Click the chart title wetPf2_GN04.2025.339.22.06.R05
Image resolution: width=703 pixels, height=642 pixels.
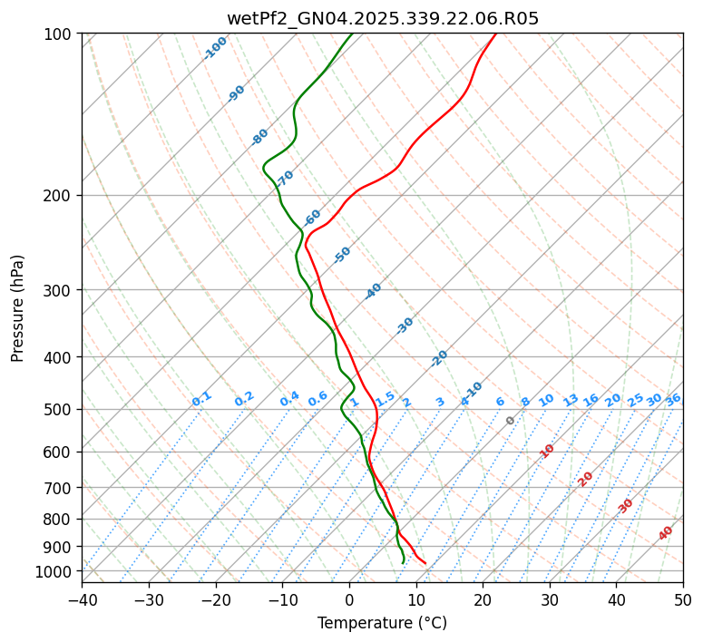click(x=382, y=18)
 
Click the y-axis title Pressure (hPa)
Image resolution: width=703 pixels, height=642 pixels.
click(x=18, y=307)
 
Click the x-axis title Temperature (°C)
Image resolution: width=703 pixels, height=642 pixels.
click(x=382, y=623)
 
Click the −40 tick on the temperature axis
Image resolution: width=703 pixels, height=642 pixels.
click(x=82, y=599)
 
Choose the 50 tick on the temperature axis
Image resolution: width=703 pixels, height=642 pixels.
click(x=683, y=599)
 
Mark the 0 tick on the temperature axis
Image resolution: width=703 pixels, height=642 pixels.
click(x=349, y=599)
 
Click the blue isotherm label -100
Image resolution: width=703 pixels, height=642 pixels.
click(x=215, y=48)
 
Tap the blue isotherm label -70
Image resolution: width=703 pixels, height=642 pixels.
click(x=285, y=178)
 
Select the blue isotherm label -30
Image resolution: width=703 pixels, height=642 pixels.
click(x=405, y=325)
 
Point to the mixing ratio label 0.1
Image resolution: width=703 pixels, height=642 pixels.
click(x=201, y=399)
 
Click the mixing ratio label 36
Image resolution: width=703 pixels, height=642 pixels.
click(x=673, y=399)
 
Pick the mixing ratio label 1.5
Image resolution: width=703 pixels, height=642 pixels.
click(x=386, y=398)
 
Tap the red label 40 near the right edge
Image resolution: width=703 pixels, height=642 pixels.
click(x=666, y=533)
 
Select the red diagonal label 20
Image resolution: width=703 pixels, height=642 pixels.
click(x=586, y=478)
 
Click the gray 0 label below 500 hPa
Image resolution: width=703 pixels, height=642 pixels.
click(x=511, y=421)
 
